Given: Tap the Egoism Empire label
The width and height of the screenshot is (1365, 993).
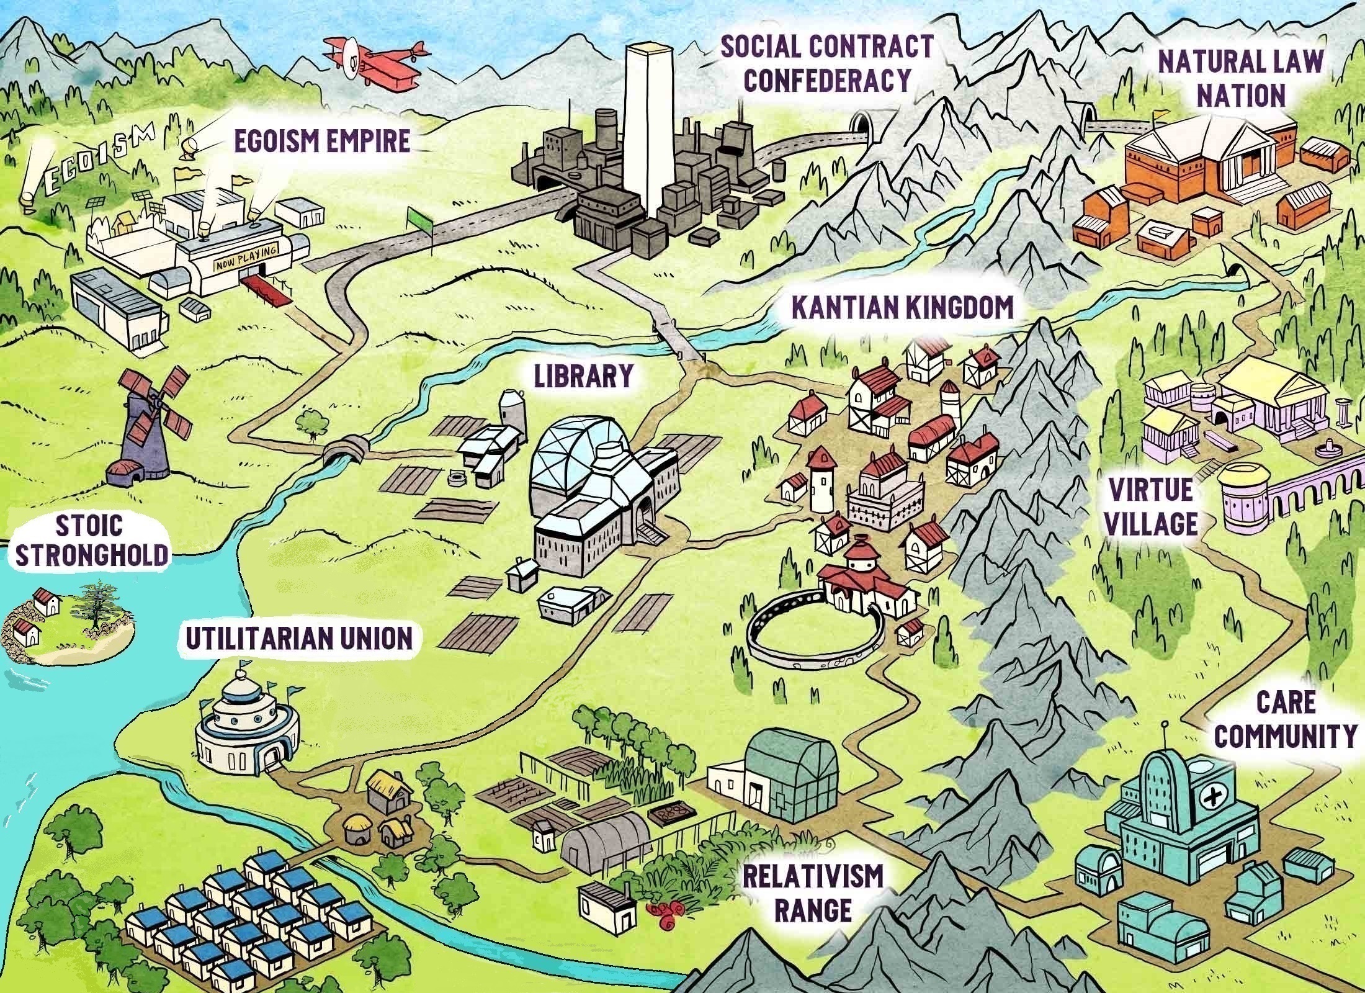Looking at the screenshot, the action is pos(322,142).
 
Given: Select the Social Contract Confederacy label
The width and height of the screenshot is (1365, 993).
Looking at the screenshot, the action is pos(826,63).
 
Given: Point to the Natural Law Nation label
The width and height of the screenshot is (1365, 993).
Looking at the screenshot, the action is pos(1240,79).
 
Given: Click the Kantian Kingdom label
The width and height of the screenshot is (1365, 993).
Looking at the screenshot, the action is pos(903,307).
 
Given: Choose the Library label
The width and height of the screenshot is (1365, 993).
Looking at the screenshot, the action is pos(584,375).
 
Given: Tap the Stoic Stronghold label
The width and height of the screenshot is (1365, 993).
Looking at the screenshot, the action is pos(91,541).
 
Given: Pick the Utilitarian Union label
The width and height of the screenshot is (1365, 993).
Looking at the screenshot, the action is pos(299,639).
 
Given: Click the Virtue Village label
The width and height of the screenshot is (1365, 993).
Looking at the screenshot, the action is pos(1151,507).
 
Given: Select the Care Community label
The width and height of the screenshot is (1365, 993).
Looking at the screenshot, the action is pos(1284,721).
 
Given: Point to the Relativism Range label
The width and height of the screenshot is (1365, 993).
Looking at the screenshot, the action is pos(812,894).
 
